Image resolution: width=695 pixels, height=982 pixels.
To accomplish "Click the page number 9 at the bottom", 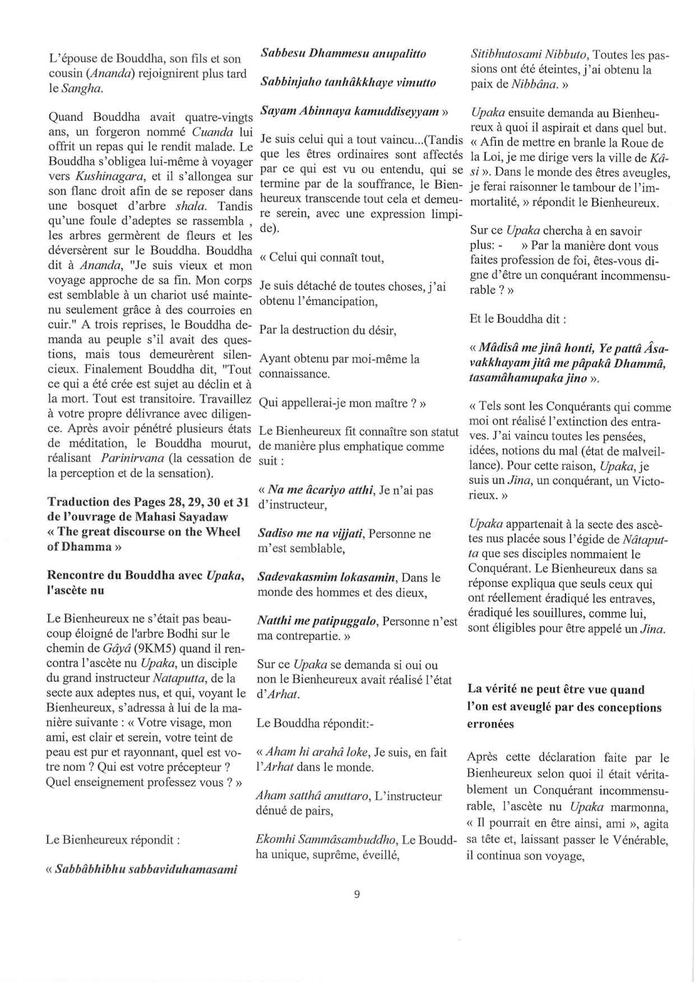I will tap(357, 894).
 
